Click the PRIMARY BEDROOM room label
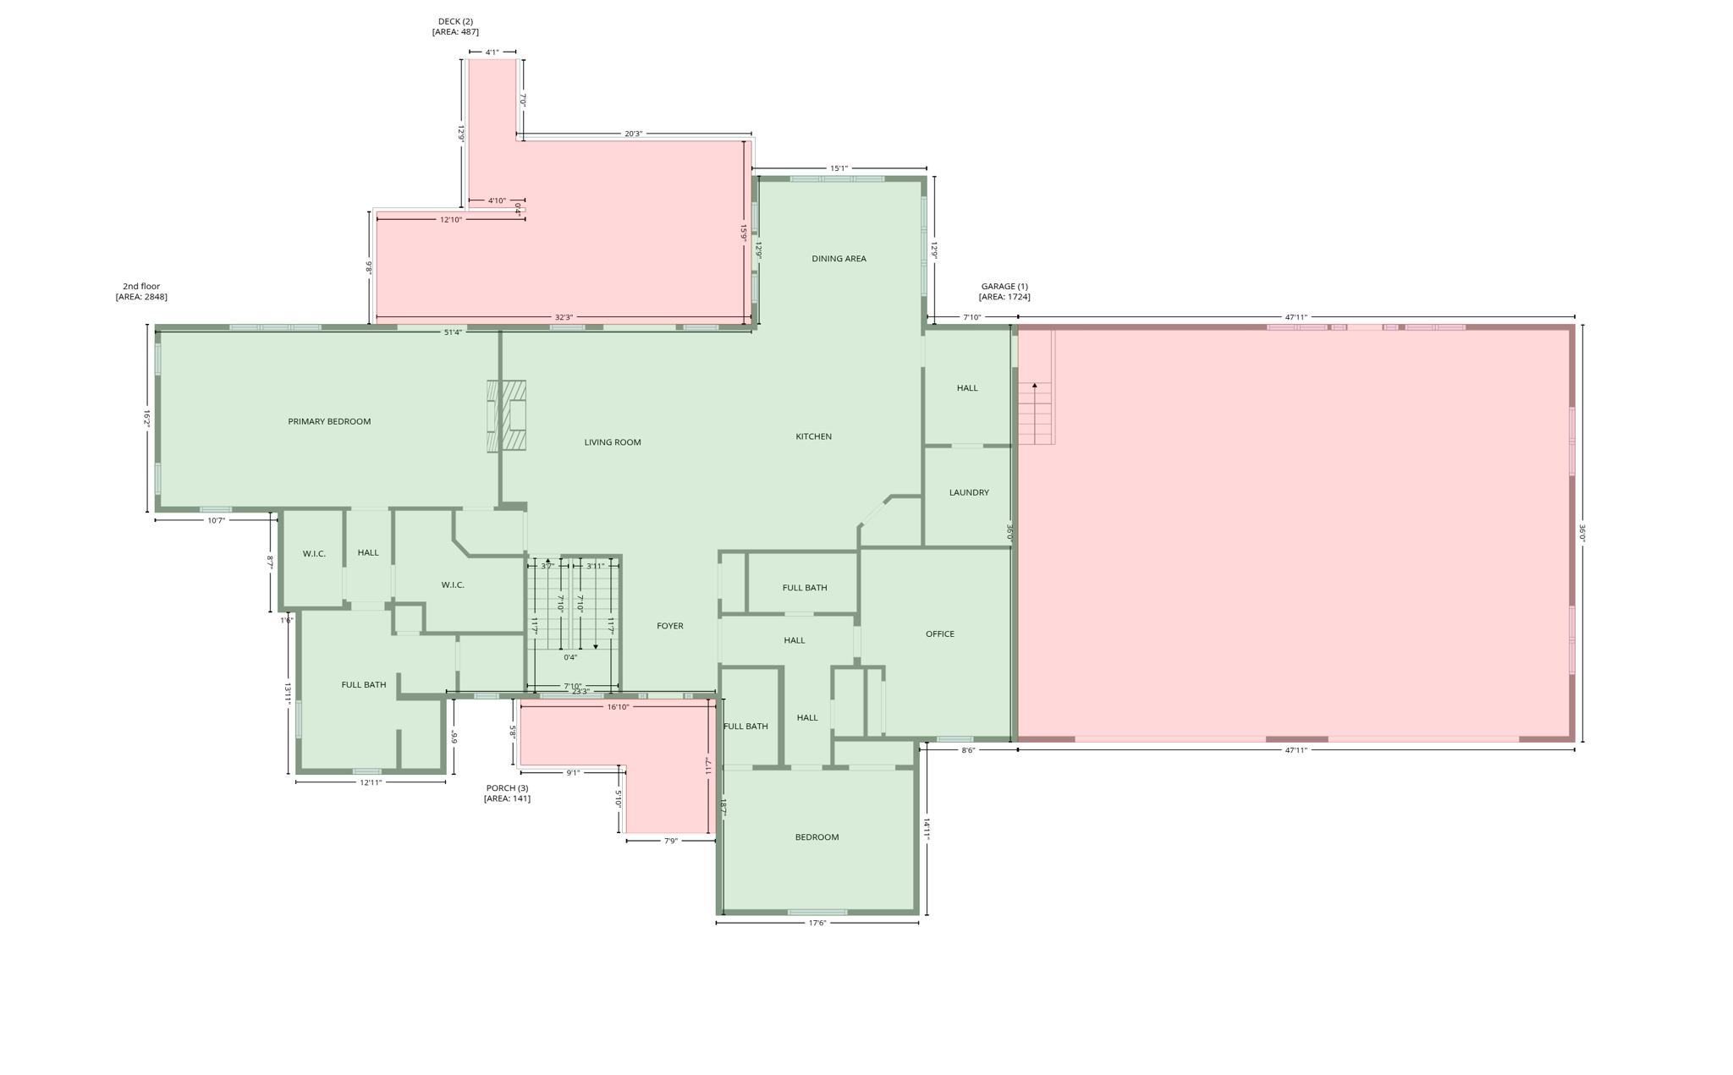tap(329, 421)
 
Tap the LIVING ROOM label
tap(613, 442)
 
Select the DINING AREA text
tap(839, 259)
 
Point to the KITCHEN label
tap(813, 436)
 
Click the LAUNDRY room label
tap(969, 492)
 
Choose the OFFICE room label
tap(939, 633)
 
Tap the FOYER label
tap(669, 626)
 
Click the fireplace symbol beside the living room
tap(507, 416)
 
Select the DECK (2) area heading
tap(455, 26)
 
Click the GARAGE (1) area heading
tap(1004, 291)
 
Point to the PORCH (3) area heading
tap(507, 793)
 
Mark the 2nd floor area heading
tap(141, 291)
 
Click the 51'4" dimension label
tap(453, 332)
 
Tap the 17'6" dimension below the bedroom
tap(817, 923)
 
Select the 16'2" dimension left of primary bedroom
tap(146, 418)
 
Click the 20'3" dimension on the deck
tap(633, 134)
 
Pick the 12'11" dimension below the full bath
tap(371, 782)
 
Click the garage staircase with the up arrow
tap(1036, 413)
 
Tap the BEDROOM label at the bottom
tap(817, 837)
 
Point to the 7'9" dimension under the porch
tap(670, 841)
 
